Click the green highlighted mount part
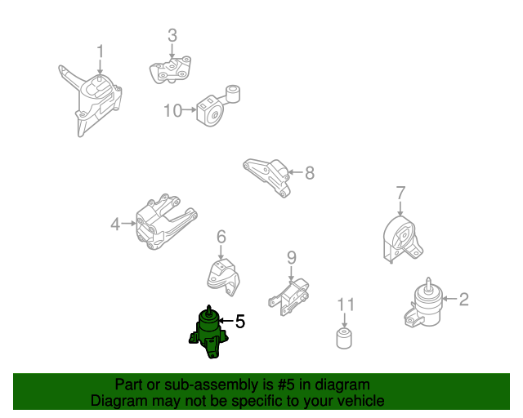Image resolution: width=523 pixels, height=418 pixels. tap(208, 333)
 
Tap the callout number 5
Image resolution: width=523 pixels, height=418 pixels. tap(240, 322)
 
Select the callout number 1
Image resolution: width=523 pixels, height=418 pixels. tap(100, 51)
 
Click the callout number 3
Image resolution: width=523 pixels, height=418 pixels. tap(172, 35)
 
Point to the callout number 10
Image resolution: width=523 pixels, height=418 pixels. tap(172, 110)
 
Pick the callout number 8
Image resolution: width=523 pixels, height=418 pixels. tap(310, 172)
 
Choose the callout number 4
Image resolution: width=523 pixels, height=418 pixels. tap(115, 224)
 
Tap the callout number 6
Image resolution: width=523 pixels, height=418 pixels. tap(221, 237)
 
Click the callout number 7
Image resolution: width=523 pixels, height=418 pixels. tap(400, 193)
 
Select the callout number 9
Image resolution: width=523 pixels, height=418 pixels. tap(292, 257)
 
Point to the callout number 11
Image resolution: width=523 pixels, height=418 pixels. tap(346, 305)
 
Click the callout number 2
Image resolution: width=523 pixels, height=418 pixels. tap(463, 299)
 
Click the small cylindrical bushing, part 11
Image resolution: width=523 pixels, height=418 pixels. tap(344, 338)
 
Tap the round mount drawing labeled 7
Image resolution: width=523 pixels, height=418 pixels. tap(402, 239)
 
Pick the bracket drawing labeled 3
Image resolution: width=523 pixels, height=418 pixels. tap(170, 70)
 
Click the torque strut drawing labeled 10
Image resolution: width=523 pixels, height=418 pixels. tap(217, 106)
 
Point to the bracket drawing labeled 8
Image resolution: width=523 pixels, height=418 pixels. tap(267, 177)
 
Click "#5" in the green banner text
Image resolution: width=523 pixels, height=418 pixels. tap(286, 385)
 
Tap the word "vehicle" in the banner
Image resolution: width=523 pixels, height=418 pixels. tap(363, 401)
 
